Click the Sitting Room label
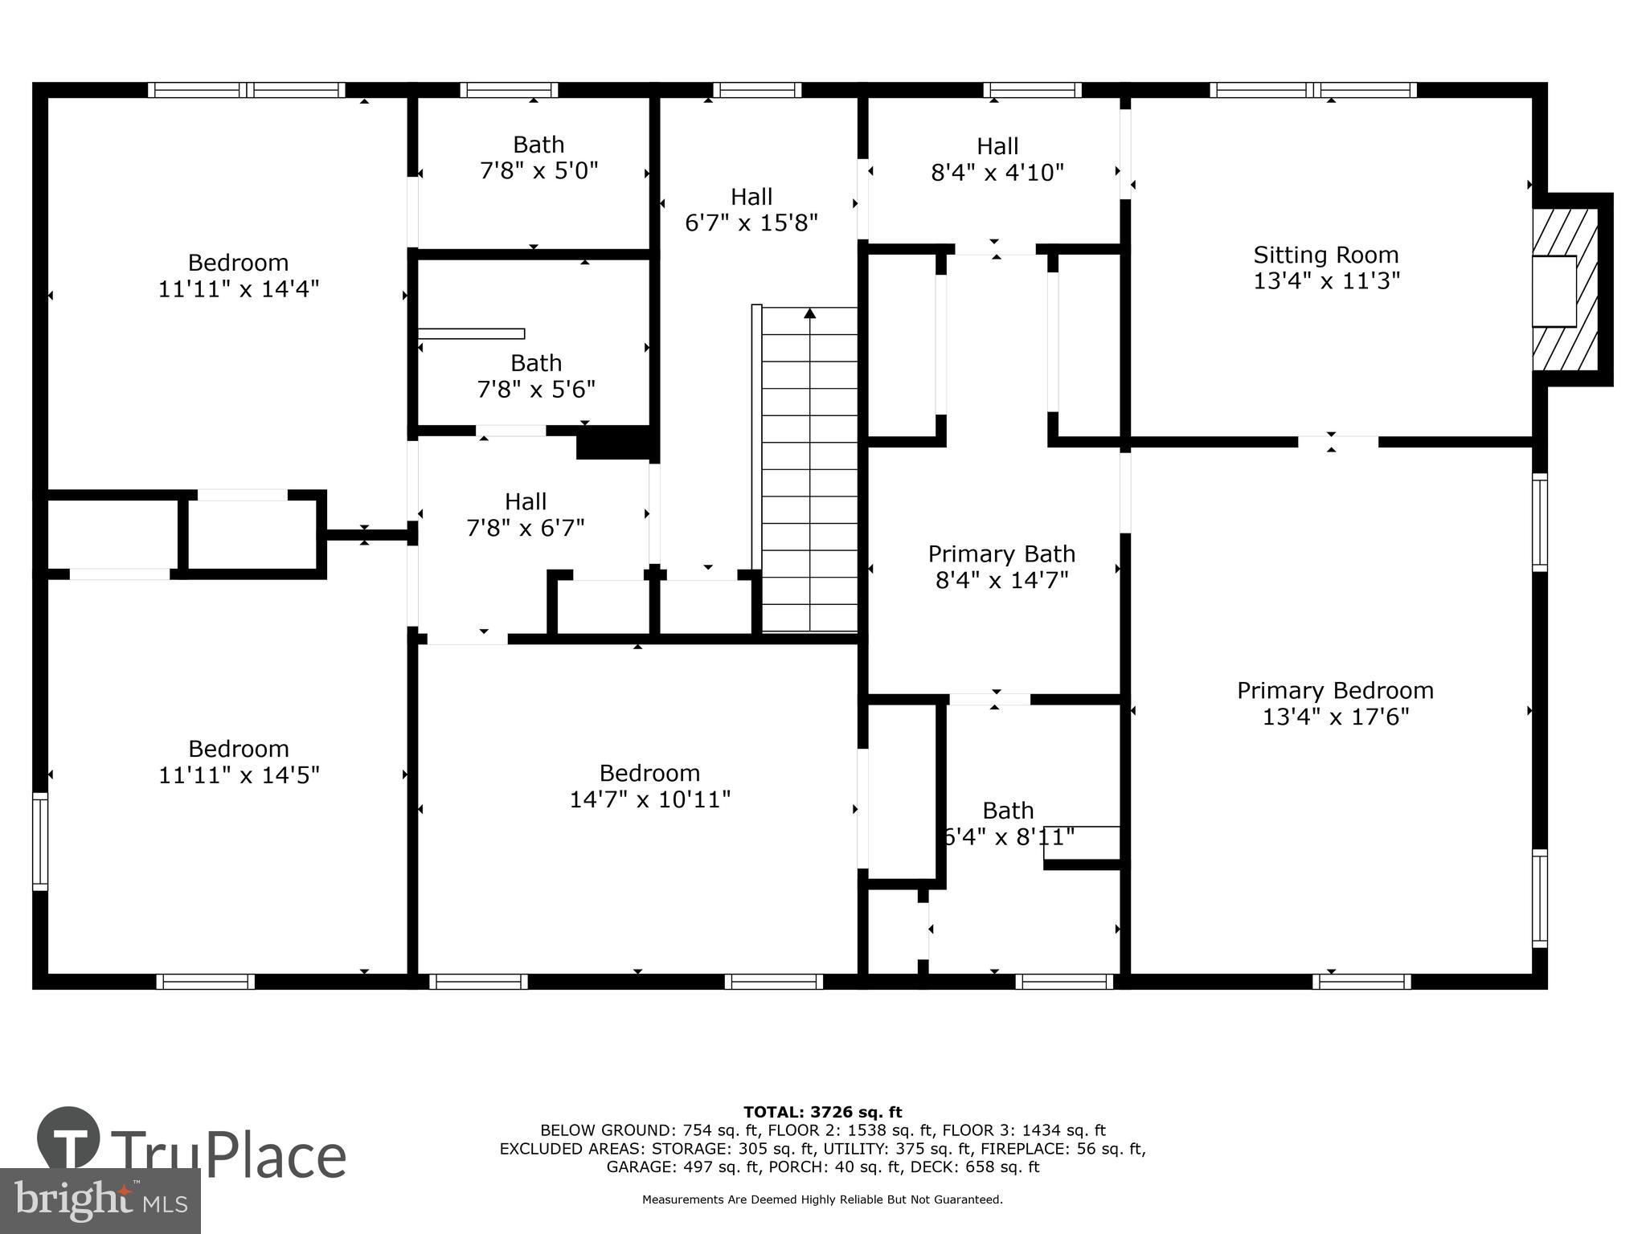(1326, 255)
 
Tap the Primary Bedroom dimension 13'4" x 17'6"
(1335, 717)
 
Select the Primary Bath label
(1001, 554)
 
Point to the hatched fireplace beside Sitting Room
(1564, 290)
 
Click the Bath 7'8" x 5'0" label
(538, 145)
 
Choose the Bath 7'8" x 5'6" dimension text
(536, 390)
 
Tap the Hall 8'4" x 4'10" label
(997, 147)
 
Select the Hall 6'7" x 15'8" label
(751, 197)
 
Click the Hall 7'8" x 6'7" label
(526, 502)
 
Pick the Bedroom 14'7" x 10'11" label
(649, 774)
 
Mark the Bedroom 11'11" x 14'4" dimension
(239, 289)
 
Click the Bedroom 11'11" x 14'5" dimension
(239, 775)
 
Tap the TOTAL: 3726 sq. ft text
(822, 1112)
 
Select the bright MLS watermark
(100, 1200)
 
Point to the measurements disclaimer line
(822, 1199)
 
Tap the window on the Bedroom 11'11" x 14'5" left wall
(40, 840)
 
